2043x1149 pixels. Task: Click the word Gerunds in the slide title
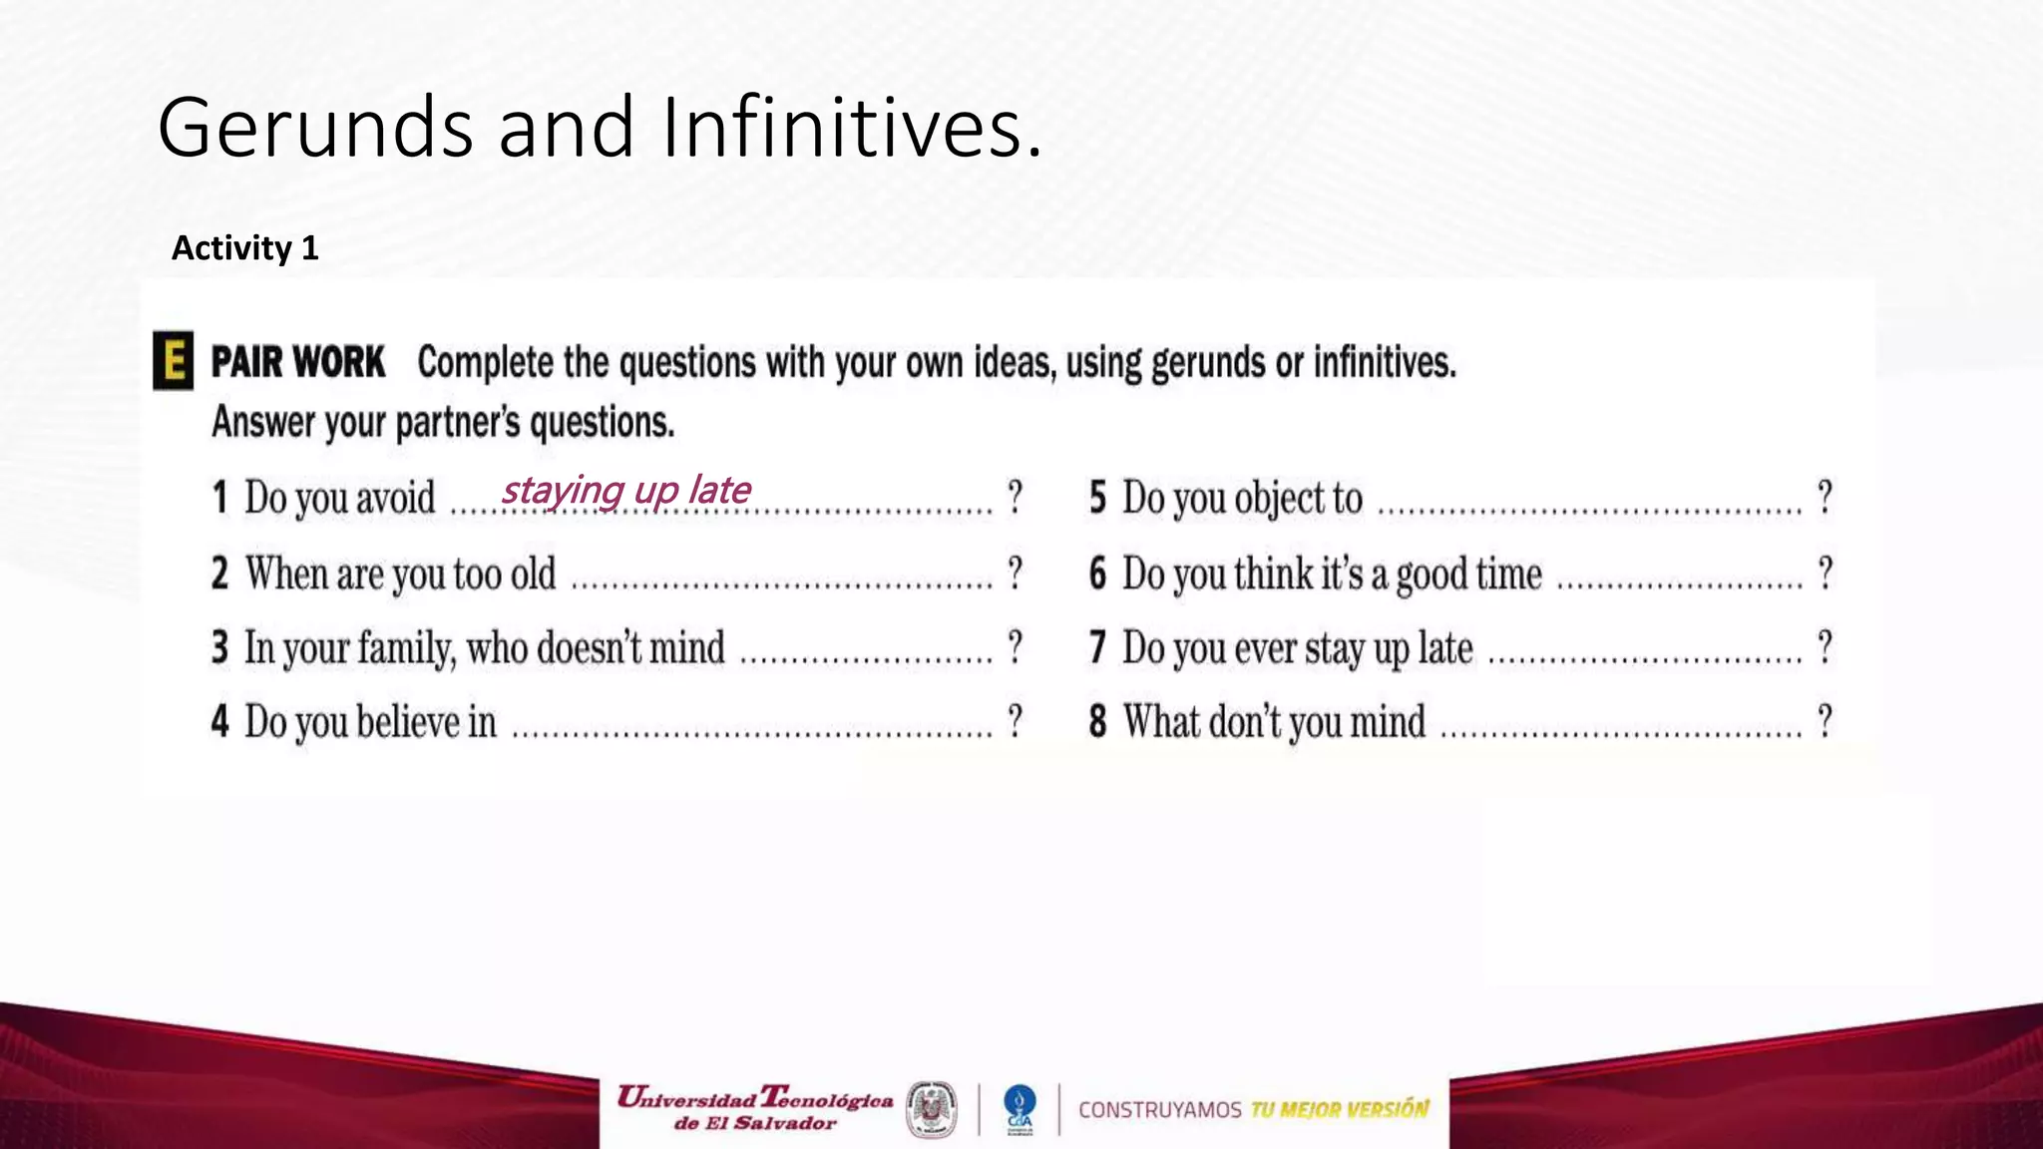coord(314,128)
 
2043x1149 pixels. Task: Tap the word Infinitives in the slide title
coord(850,128)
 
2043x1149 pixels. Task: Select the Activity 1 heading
coord(245,247)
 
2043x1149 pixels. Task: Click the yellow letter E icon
coord(174,360)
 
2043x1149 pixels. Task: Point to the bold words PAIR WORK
coord(297,362)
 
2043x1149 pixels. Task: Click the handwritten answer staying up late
coord(625,491)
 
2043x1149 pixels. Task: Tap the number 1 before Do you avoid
coord(220,497)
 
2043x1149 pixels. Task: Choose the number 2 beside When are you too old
coord(220,574)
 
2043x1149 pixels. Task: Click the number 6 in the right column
coord(1098,574)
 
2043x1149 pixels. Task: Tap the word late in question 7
coord(1444,648)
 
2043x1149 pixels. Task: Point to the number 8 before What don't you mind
coord(1098,721)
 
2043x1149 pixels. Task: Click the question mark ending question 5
coord(1825,497)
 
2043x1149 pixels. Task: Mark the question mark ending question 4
coord(1015,720)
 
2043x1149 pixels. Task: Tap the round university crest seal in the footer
coord(931,1109)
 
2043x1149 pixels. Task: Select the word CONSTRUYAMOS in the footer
coord(1159,1110)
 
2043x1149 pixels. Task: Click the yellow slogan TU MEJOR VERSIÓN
coord(1339,1109)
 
